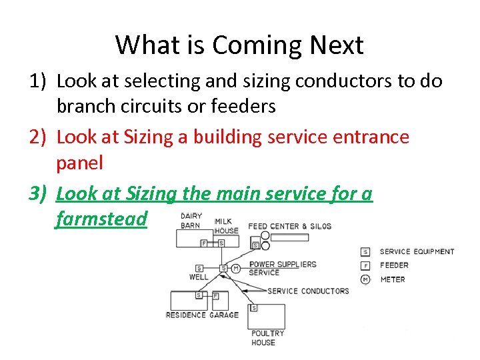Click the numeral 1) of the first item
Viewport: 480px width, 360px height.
[x=37, y=81]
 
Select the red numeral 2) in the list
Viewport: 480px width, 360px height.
[x=37, y=137]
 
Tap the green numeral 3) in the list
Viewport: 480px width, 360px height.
[x=37, y=193]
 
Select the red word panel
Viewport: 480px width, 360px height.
[x=80, y=162]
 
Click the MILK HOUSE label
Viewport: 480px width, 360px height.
[x=226, y=225]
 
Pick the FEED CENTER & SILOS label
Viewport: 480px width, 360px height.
[x=289, y=226]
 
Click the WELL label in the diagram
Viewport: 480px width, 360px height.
[x=199, y=277]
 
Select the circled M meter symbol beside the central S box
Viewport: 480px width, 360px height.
[x=235, y=269]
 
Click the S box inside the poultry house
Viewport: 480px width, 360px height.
[x=253, y=308]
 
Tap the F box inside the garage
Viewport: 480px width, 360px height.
[x=215, y=295]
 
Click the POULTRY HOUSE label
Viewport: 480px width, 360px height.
[x=267, y=337]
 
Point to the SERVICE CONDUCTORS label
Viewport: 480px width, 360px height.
[x=308, y=291]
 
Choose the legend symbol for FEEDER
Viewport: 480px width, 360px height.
[x=365, y=265]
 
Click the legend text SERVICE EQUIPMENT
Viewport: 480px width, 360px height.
[x=417, y=251]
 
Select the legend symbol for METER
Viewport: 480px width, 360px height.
[x=365, y=279]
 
